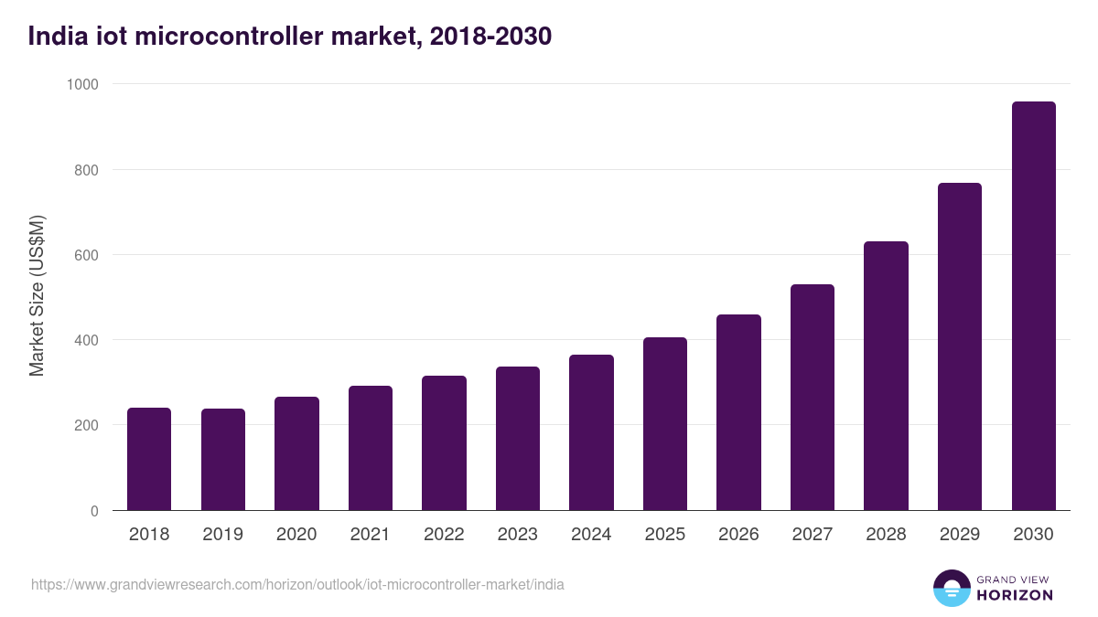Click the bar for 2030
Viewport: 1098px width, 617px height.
(1033, 306)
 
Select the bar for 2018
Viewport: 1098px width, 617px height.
(149, 459)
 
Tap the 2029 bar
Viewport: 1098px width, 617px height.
(960, 346)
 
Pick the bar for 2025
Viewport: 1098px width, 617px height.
(665, 424)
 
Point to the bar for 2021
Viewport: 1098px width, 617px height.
(371, 448)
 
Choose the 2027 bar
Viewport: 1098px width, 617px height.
(813, 398)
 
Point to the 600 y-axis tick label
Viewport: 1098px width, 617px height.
(87, 255)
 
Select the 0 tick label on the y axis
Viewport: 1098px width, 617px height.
(95, 511)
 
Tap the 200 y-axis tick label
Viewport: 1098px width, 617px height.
(87, 426)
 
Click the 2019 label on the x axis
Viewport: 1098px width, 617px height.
(222, 535)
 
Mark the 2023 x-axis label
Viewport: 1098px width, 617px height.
(518, 535)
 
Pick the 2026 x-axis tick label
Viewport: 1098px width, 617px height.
(738, 535)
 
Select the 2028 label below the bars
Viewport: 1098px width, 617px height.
(886, 535)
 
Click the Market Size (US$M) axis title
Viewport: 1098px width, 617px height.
(37, 296)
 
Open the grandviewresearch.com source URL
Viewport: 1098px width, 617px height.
(297, 584)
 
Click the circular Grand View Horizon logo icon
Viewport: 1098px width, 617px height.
(952, 588)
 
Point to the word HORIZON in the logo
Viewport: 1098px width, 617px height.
(1015, 595)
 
